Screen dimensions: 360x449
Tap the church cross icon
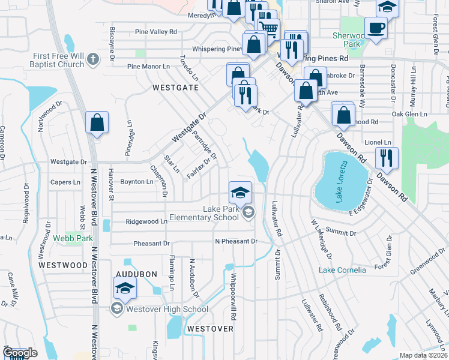pos(92,59)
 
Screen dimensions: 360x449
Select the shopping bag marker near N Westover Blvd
pos(97,124)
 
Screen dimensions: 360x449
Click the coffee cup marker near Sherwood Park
pos(376,28)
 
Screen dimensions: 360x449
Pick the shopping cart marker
pos(268,28)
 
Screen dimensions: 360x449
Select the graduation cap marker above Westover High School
pos(124,290)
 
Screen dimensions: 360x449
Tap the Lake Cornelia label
pos(342,270)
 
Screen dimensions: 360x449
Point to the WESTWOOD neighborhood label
pos(62,265)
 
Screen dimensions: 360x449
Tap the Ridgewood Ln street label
pos(146,221)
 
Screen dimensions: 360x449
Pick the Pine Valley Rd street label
pos(156,31)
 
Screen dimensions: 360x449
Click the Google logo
pos(20,353)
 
